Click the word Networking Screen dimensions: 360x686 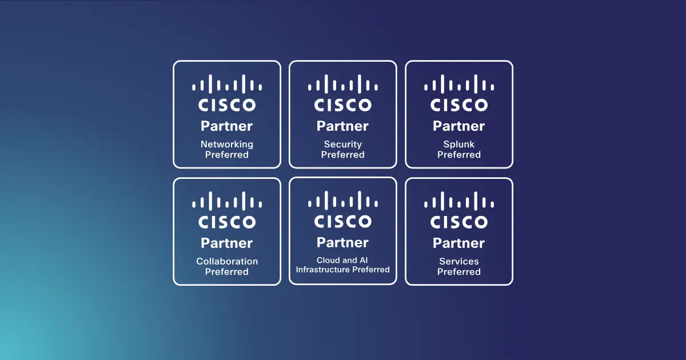click(227, 145)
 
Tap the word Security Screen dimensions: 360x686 click(343, 145)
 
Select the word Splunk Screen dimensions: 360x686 click(459, 145)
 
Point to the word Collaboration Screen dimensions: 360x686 click(227, 261)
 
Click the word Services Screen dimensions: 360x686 click(459, 261)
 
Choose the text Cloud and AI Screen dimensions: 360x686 click(343, 260)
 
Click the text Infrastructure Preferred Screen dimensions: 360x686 click(343, 269)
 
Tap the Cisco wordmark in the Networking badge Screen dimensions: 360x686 click(227, 105)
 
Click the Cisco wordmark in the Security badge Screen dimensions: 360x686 click(343, 105)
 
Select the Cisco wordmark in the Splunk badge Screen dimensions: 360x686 click(459, 105)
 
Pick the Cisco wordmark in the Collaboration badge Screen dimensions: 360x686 click(227, 222)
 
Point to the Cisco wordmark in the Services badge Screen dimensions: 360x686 click(459, 222)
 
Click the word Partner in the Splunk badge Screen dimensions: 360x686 click(459, 126)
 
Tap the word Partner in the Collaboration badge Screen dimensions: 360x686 click(227, 243)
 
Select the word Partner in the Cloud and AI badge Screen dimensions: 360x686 click(343, 242)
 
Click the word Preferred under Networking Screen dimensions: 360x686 click(227, 155)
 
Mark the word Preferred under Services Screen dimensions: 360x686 click(459, 271)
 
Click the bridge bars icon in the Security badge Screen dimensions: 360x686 click(343, 85)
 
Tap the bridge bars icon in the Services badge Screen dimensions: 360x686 click(459, 201)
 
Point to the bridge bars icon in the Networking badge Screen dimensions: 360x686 click(227, 85)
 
